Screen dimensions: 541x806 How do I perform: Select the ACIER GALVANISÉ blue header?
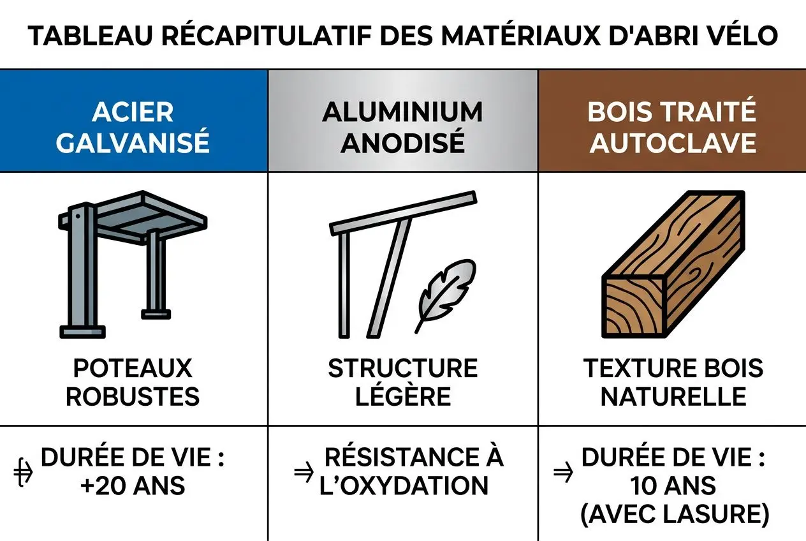tap(133, 127)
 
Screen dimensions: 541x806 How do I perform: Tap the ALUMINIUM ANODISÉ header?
tap(402, 127)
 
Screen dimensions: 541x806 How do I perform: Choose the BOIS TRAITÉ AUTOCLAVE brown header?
tap(672, 127)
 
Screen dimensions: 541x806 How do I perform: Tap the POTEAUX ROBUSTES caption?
tap(133, 382)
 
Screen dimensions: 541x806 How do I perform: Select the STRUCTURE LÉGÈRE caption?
tap(402, 382)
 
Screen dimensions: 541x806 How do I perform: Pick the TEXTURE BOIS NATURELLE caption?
tap(673, 382)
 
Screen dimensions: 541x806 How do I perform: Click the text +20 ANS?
tap(133, 486)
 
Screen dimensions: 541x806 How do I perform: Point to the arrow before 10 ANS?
tap(562, 473)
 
